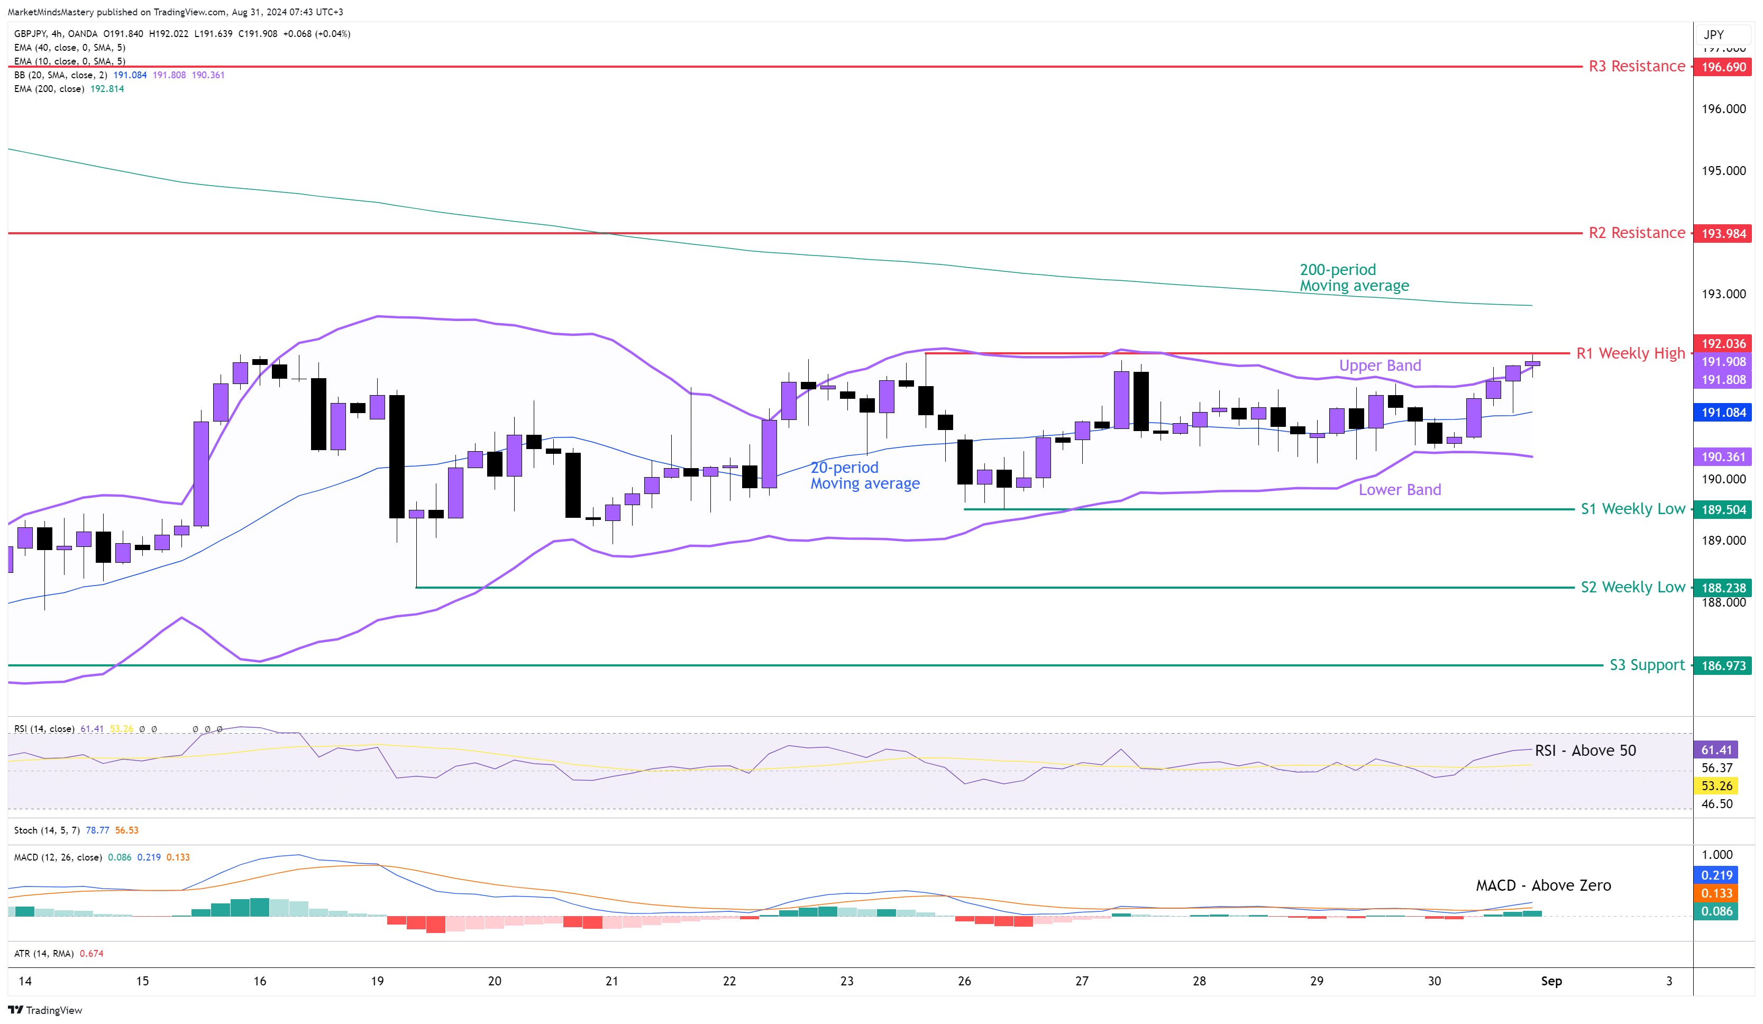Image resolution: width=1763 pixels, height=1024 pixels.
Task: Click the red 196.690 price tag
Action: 1723,67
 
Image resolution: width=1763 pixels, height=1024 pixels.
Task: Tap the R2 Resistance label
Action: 1637,233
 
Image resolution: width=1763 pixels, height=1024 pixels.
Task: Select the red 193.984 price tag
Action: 1723,234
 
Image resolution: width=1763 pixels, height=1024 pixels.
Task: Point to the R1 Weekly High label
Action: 1630,353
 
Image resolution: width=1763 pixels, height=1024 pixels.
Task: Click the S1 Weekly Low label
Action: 1632,509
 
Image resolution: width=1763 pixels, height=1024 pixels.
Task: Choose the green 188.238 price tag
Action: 1723,588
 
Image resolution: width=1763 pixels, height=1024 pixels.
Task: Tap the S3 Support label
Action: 1647,665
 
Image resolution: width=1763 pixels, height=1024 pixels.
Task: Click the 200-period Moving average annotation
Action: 1354,278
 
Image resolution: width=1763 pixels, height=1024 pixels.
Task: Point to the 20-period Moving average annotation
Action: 865,476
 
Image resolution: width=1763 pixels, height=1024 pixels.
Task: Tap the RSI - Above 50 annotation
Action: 1585,751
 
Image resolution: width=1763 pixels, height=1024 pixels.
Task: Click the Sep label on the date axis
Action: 1551,981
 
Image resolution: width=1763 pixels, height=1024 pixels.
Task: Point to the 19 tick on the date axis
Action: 377,981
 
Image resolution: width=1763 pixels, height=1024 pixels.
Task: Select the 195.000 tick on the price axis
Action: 1723,171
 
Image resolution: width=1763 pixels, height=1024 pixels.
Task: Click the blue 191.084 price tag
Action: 1723,413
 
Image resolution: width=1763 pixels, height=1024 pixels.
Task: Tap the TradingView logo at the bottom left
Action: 45,1010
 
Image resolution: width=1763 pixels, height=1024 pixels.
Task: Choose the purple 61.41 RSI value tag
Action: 1716,750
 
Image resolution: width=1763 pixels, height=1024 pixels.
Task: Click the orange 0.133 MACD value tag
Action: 1716,893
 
